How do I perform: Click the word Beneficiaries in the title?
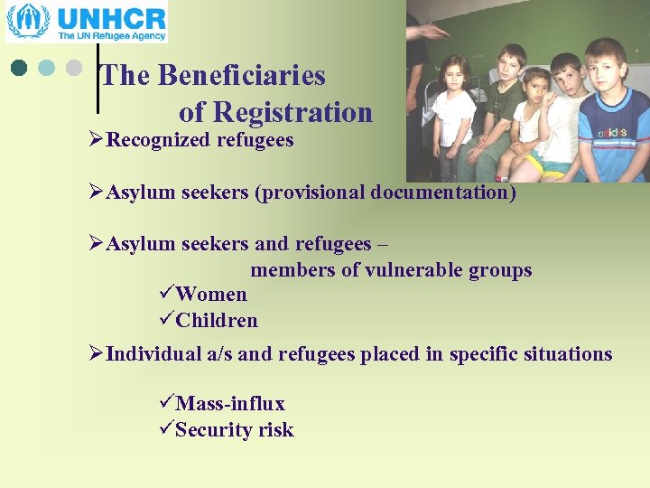(241, 75)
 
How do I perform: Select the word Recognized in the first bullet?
(159, 140)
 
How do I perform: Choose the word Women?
(211, 295)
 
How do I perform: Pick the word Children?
(217, 321)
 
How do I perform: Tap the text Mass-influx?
(230, 403)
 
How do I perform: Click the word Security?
(209, 430)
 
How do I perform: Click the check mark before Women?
(164, 294)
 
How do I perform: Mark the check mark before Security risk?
(164, 429)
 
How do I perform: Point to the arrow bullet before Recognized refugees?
(97, 140)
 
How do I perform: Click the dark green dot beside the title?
(19, 68)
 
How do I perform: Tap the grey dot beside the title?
(73, 68)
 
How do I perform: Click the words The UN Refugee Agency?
(112, 36)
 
